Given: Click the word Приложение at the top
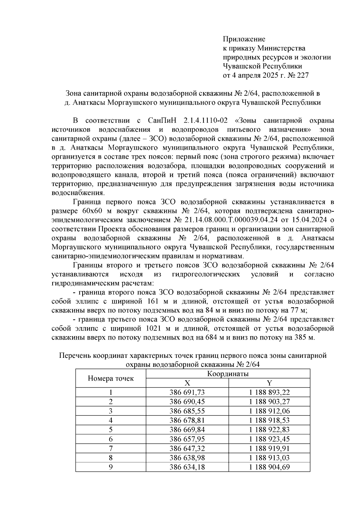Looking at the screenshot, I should pyautogui.click(x=244, y=39).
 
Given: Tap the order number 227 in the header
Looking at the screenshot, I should pyautogui.click(x=302, y=75).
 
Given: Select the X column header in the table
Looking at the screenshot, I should pyautogui.click(x=187, y=383).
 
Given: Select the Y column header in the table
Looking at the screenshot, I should pyautogui.click(x=269, y=383).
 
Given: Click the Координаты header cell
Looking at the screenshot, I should pyautogui.click(x=228, y=374).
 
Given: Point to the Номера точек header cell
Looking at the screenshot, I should pyautogui.click(x=111, y=378).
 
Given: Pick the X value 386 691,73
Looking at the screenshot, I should pyautogui.click(x=187, y=392).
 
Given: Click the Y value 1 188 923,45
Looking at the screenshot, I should pyautogui.click(x=269, y=439).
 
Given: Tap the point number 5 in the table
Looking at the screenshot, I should pyautogui.click(x=111, y=430).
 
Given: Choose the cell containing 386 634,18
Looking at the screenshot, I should pyautogui.click(x=187, y=467).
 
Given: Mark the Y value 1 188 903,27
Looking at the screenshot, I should pyautogui.click(x=269, y=402).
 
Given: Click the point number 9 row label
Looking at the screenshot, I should pyautogui.click(x=111, y=467).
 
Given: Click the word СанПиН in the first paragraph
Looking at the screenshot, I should pyautogui.click(x=162, y=121).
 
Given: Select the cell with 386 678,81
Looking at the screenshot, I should pyautogui.click(x=187, y=421).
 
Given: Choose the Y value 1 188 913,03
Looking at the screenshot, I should pyautogui.click(x=269, y=458).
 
